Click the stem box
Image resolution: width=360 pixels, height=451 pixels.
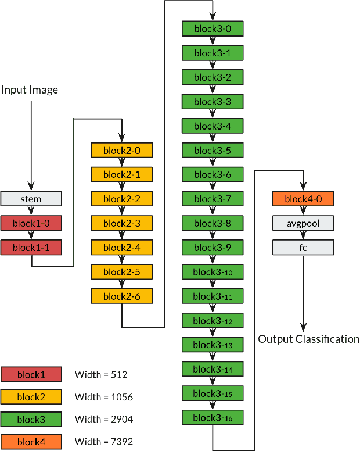tap(31, 199)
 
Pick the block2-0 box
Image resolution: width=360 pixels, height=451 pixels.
tap(121, 151)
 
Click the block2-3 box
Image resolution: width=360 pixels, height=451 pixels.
tap(121, 224)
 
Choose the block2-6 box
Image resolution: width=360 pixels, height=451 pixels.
tap(121, 296)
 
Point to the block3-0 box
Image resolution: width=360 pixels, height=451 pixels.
tap(212, 28)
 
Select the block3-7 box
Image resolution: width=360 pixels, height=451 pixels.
tap(212, 199)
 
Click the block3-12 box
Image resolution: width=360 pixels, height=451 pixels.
tap(212, 321)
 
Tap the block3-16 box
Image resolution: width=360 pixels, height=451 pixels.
tap(212, 418)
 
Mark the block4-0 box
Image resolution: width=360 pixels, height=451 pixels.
tap(303, 199)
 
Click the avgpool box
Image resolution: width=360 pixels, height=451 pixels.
tap(303, 224)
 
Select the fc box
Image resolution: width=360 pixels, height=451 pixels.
tap(303, 248)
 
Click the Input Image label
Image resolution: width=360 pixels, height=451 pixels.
tap(30, 90)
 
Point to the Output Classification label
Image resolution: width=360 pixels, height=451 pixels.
tap(309, 339)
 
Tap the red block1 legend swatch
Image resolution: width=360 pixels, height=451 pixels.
tap(31, 375)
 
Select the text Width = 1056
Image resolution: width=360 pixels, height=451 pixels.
tap(104, 398)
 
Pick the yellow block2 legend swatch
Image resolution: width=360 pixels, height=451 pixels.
tap(31, 398)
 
